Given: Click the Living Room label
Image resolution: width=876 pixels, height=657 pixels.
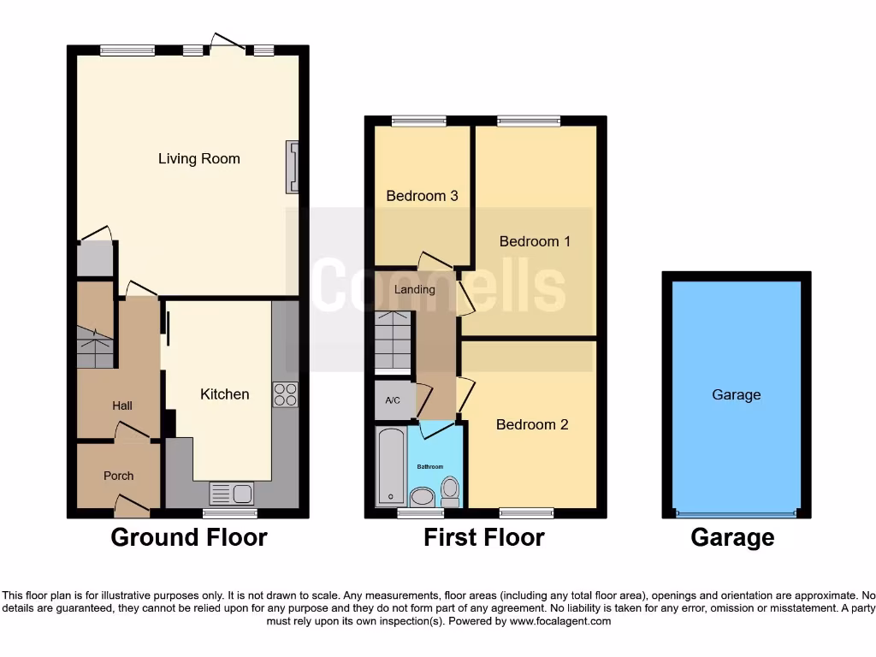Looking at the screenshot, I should pyautogui.click(x=198, y=158).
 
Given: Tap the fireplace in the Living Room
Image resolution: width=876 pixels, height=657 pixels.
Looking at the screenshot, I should pyautogui.click(x=293, y=166).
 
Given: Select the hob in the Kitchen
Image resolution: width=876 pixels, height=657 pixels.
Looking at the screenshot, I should pyautogui.click(x=285, y=394).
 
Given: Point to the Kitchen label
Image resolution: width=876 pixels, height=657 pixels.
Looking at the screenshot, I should pyautogui.click(x=224, y=394).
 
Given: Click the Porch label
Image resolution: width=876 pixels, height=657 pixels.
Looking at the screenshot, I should pyautogui.click(x=119, y=476).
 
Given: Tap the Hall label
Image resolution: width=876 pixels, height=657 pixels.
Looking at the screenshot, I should pyautogui.click(x=122, y=405).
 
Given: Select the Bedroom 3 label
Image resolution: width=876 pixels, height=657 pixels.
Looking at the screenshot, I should pyautogui.click(x=422, y=196).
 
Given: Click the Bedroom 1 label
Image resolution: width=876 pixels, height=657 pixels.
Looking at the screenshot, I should pyautogui.click(x=535, y=241).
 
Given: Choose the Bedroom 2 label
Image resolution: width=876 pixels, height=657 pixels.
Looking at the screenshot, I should pyautogui.click(x=532, y=424).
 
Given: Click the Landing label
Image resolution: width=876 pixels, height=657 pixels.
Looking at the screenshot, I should pyautogui.click(x=414, y=289).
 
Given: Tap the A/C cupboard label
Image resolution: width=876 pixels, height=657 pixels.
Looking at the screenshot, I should pyautogui.click(x=393, y=400).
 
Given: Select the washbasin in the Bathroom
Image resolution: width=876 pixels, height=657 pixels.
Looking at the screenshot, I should pyautogui.click(x=422, y=496).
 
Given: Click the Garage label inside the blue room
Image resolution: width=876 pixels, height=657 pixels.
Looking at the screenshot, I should pyautogui.click(x=736, y=394).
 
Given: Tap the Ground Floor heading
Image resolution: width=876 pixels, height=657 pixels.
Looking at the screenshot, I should pyautogui.click(x=189, y=537).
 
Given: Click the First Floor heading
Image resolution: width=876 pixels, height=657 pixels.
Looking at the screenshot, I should pyautogui.click(x=483, y=537).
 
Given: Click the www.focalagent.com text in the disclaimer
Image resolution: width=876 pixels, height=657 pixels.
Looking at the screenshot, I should pyautogui.click(x=559, y=621).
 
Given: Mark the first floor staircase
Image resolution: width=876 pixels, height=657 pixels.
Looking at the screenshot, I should pyautogui.click(x=394, y=341).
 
